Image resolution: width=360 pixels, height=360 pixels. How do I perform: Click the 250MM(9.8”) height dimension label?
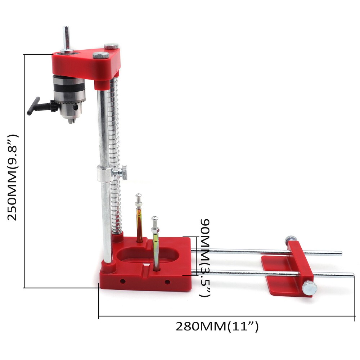click(13, 177)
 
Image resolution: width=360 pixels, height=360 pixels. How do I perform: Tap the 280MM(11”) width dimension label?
click(217, 327)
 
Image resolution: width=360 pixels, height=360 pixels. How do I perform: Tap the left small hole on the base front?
click(123, 281)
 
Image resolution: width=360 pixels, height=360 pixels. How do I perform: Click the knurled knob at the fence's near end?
click(309, 288)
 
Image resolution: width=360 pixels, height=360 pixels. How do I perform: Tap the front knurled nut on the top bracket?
click(101, 55)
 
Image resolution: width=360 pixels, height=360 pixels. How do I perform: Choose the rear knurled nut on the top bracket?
click(111, 46)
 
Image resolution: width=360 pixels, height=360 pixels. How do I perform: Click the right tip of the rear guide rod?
click(341, 253)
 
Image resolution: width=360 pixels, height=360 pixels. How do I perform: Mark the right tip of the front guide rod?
click(353, 275)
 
